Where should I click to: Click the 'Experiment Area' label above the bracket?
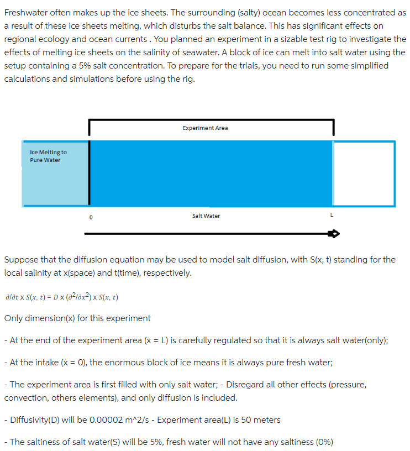point(205,128)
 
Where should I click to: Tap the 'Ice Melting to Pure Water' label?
point(48,156)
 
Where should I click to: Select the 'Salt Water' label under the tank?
point(206,216)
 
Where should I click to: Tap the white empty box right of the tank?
point(364,174)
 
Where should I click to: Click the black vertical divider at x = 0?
point(89,172)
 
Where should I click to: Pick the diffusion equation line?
point(61,297)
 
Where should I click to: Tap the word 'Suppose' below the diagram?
point(20,259)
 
